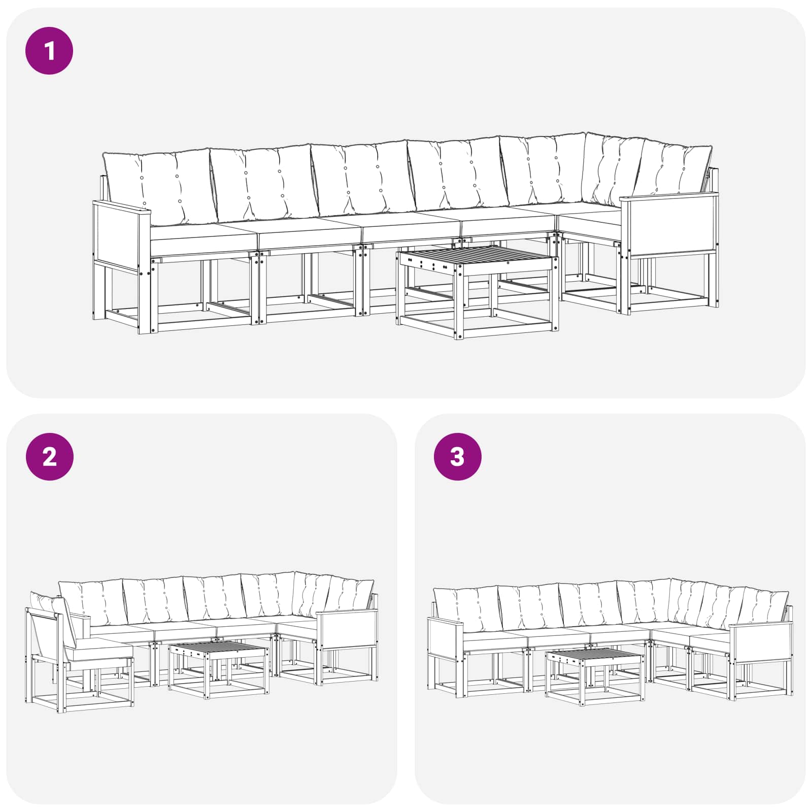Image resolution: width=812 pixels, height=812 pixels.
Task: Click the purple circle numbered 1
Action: (x=49, y=51)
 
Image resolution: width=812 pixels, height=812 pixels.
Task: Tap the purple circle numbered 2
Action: (x=49, y=457)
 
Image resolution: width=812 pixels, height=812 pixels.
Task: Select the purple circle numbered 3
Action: (x=457, y=457)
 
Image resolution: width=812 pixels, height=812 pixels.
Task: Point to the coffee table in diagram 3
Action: (x=595, y=676)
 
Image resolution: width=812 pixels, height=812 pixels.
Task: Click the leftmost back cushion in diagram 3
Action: (x=467, y=609)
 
